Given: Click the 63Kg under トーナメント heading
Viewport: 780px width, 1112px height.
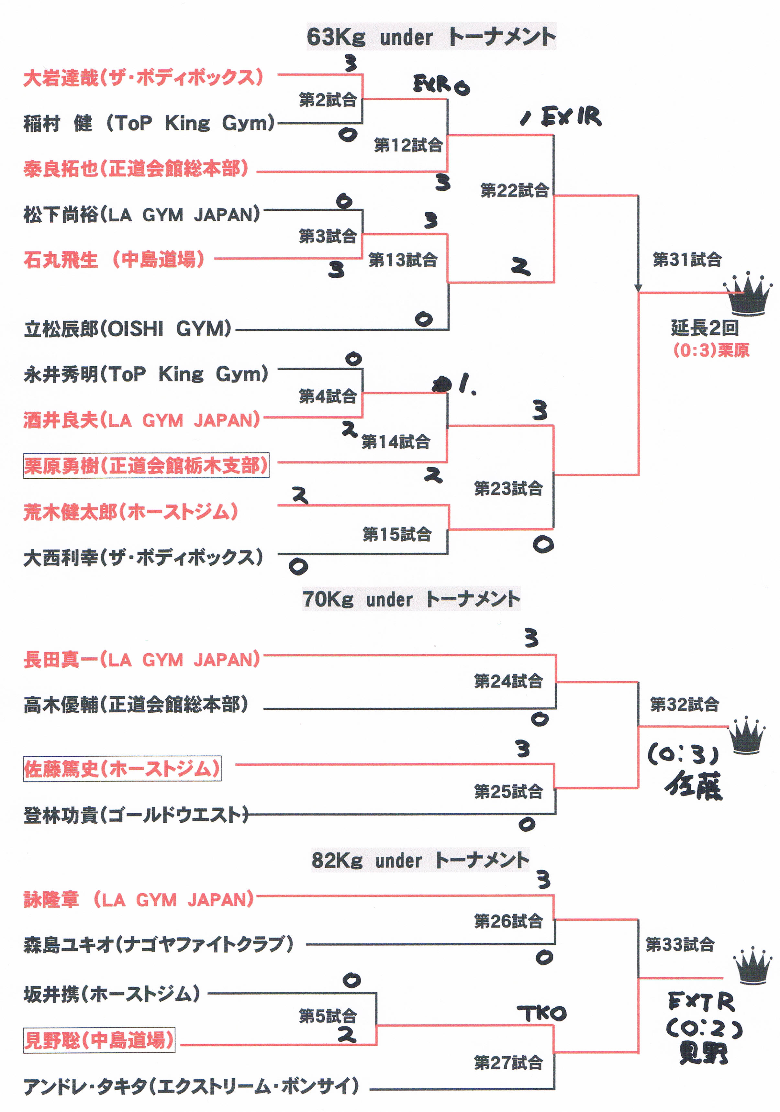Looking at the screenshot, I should tap(431, 37).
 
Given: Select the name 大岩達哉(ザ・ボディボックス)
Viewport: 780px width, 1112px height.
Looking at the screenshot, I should tap(143, 77).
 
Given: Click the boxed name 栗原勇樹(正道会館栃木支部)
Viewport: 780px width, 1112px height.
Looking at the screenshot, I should tap(146, 465).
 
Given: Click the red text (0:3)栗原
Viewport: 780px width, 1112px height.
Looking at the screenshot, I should tap(711, 350).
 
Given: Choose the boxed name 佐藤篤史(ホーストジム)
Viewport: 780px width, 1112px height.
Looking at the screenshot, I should tap(122, 769).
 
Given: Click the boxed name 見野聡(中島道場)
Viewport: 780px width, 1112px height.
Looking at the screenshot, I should tap(99, 1040).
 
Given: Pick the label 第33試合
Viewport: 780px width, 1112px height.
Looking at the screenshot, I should tap(680, 944).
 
